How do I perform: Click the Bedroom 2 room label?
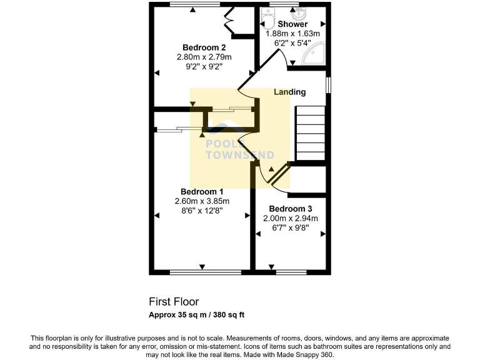tap(204, 47)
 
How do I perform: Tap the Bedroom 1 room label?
tap(202, 191)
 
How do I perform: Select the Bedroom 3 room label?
tap(290, 209)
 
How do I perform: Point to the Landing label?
tap(290, 92)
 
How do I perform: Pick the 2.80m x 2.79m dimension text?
tap(204, 56)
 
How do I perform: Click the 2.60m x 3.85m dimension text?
tap(202, 201)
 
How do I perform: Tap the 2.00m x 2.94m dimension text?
tap(290, 218)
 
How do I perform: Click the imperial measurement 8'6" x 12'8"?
tap(202, 211)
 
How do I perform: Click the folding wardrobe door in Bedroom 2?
tap(228, 21)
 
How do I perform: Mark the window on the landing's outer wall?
tap(329, 85)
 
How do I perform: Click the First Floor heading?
tap(174, 302)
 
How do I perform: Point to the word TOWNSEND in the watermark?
tap(232, 153)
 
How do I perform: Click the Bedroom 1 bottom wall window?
tap(205, 272)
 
